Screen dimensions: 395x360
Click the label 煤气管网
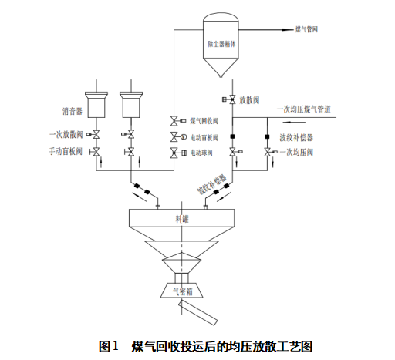click(x=306, y=29)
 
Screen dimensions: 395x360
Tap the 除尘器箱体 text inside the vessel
click(x=221, y=44)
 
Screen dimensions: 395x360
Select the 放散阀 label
click(x=249, y=100)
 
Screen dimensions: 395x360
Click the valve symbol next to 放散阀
click(x=232, y=99)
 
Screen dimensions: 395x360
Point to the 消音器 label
click(x=73, y=111)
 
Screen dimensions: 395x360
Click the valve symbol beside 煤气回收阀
click(x=174, y=121)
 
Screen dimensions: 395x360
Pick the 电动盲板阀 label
click(x=204, y=138)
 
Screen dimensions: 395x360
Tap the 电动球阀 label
click(x=201, y=153)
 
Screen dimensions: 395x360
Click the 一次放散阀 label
click(x=66, y=134)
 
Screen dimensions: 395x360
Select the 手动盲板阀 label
click(x=66, y=151)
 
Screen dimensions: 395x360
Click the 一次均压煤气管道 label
click(x=304, y=109)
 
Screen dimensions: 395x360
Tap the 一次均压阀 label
click(x=296, y=153)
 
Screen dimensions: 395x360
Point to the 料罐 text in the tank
click(x=182, y=219)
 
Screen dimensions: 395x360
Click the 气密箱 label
click(x=183, y=291)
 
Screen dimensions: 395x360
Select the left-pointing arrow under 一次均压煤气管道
click(x=294, y=122)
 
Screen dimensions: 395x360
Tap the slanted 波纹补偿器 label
click(x=211, y=183)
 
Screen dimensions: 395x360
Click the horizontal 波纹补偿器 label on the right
click(x=296, y=137)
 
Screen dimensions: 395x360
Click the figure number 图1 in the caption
click(x=109, y=346)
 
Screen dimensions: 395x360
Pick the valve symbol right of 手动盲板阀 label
click(x=96, y=152)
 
